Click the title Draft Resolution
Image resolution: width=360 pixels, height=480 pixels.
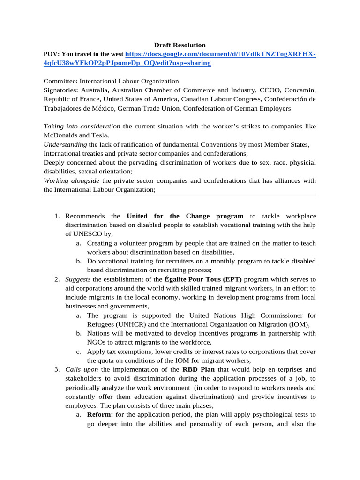coord(180,45)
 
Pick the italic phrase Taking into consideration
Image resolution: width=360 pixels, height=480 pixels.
coord(82,127)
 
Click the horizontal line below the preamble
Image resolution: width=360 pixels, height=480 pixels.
coord(180,195)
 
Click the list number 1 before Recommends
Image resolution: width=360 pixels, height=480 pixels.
coord(56,216)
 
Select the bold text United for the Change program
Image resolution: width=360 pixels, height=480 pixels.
coord(185,216)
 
